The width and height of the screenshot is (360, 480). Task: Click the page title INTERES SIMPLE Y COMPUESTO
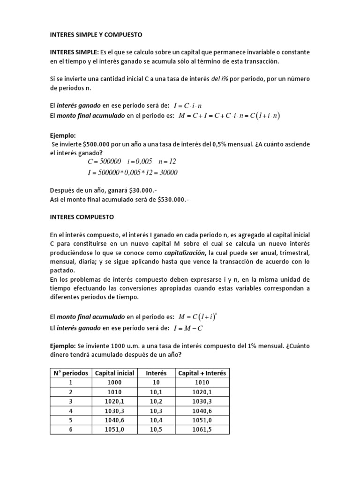click(x=96, y=35)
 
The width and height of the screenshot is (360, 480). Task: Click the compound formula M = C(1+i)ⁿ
click(x=197, y=317)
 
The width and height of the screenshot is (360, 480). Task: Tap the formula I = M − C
click(x=188, y=328)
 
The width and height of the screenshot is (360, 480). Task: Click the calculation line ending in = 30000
click(x=133, y=172)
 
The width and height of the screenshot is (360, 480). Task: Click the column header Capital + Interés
click(x=202, y=373)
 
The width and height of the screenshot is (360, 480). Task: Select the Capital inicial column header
click(x=114, y=373)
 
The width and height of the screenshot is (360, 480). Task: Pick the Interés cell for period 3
click(x=156, y=401)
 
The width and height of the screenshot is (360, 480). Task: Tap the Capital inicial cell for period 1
click(x=114, y=382)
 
